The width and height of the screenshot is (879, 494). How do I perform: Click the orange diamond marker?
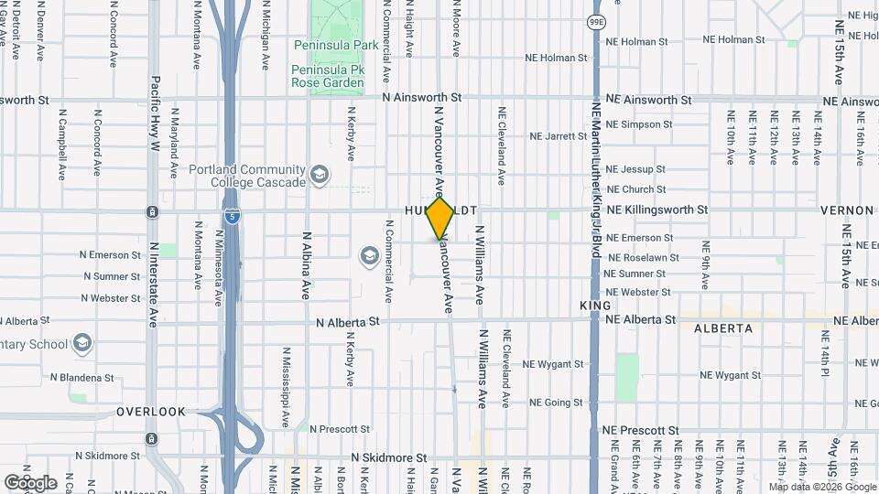point(440,219)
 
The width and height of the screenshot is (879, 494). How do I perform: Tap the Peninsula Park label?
point(329,45)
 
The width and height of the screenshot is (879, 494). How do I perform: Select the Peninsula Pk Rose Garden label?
point(328,76)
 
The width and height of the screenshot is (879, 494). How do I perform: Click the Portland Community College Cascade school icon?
point(320,175)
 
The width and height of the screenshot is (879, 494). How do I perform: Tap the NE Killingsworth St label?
point(657,209)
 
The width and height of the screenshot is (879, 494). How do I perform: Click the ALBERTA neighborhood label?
point(722,328)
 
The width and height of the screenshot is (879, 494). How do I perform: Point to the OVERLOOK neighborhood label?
point(151,412)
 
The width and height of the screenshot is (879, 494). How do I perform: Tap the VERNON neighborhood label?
point(847,210)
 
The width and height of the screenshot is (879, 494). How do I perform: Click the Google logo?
point(30,482)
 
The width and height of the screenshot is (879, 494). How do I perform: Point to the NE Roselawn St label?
point(642,258)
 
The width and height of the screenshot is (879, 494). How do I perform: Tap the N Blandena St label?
point(82,377)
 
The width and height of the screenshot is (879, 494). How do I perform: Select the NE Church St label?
point(635,189)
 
